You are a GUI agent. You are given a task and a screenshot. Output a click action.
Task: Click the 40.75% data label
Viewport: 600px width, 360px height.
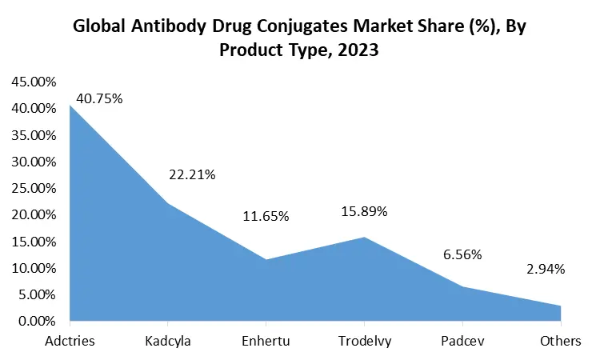[99, 99]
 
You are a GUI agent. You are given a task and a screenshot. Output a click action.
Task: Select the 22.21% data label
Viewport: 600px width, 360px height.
[192, 174]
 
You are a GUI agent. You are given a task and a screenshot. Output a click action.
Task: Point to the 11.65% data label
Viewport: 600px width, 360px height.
[266, 217]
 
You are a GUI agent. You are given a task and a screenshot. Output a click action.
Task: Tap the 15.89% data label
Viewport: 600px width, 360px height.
[364, 212]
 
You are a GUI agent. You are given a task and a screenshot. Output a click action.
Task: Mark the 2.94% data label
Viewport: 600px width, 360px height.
[545, 269]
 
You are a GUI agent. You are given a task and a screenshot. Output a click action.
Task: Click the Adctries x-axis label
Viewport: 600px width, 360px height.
[70, 342]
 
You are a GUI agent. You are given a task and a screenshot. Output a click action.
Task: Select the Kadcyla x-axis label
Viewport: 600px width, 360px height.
[168, 342]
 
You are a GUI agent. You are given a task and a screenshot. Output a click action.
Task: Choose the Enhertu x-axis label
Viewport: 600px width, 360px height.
[266, 342]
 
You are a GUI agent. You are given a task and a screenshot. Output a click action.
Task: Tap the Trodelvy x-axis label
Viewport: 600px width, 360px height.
[364, 342]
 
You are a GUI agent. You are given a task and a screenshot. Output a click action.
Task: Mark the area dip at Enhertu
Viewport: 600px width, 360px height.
[266, 260]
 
